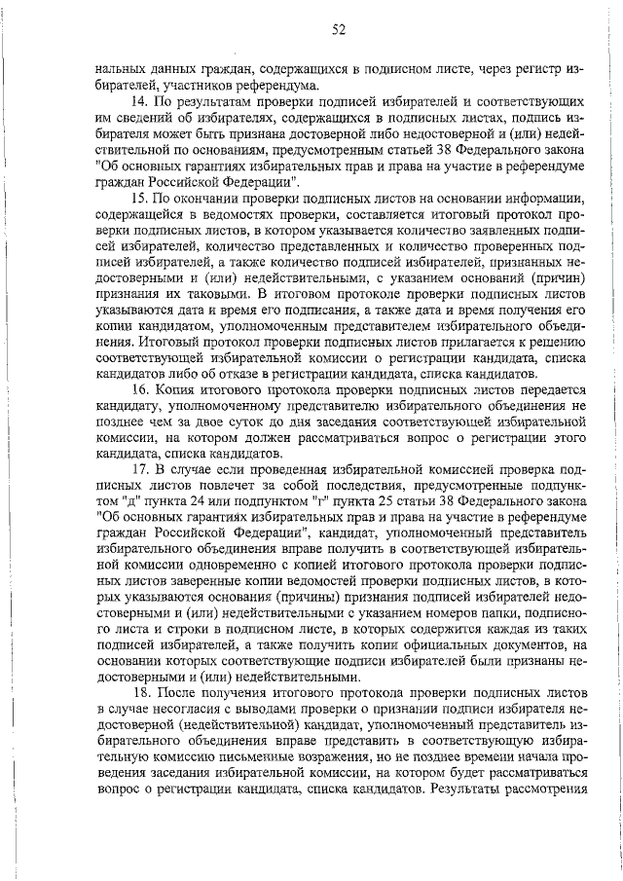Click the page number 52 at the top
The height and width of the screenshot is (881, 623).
pos(338,29)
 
